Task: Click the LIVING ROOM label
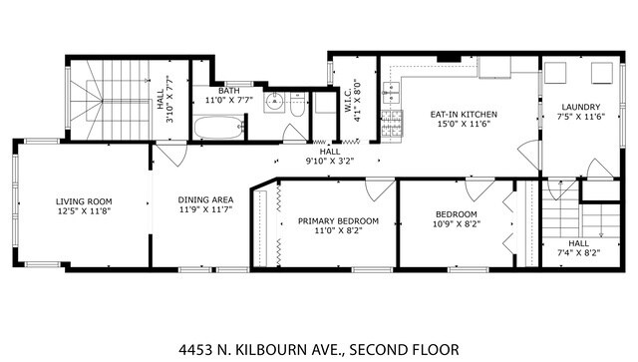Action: coord(84,201)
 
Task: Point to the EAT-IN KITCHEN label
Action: coord(464,115)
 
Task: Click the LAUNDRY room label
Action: coord(578,107)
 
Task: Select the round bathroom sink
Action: coord(273,99)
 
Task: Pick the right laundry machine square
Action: coord(603,72)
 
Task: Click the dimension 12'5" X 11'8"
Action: coord(84,211)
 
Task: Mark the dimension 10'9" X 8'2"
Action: coord(457,224)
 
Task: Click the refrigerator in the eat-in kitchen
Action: coord(493,68)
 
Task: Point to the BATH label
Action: coord(229,91)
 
